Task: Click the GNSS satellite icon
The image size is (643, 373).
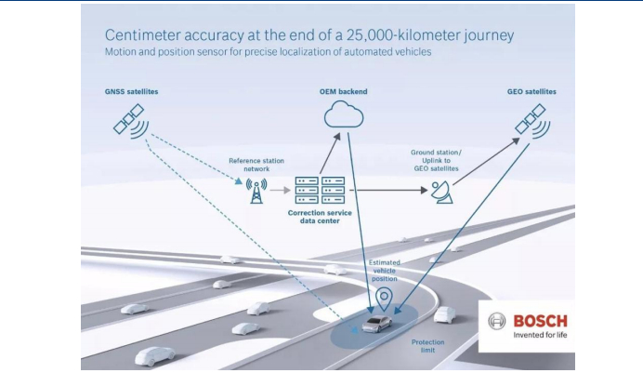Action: pyautogui.click(x=128, y=119)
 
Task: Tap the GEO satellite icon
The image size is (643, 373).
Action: pyautogui.click(x=530, y=119)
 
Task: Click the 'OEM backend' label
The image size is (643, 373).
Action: pyautogui.click(x=343, y=91)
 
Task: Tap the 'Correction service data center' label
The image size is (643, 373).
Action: pyautogui.click(x=321, y=217)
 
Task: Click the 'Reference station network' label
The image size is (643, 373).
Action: pyautogui.click(x=255, y=165)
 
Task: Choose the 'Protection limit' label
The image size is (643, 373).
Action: pyautogui.click(x=426, y=346)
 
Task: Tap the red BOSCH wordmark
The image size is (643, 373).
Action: pyautogui.click(x=540, y=321)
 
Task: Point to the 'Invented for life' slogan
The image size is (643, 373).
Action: pyautogui.click(x=539, y=337)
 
